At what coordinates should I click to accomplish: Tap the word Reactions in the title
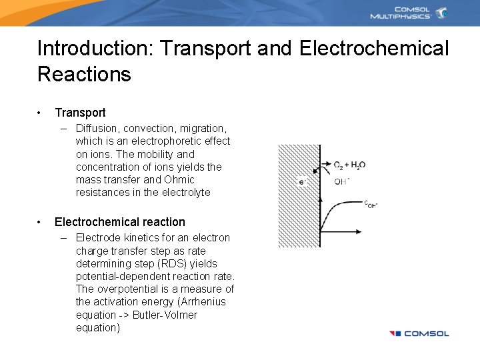click(x=84, y=74)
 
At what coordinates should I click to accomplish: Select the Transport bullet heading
click(x=80, y=113)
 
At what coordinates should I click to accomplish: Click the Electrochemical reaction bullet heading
click(x=120, y=222)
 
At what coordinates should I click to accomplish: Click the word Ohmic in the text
click(x=179, y=180)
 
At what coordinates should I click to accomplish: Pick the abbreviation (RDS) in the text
click(x=171, y=264)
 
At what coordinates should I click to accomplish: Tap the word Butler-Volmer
click(x=165, y=315)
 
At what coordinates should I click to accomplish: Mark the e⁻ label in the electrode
click(x=302, y=181)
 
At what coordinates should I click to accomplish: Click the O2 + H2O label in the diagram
click(x=349, y=165)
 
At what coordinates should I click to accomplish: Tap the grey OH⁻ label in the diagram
click(x=342, y=181)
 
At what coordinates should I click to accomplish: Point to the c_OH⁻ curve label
click(x=370, y=204)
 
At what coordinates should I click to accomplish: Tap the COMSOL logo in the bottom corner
click(x=419, y=333)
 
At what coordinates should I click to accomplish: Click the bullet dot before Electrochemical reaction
click(x=41, y=222)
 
